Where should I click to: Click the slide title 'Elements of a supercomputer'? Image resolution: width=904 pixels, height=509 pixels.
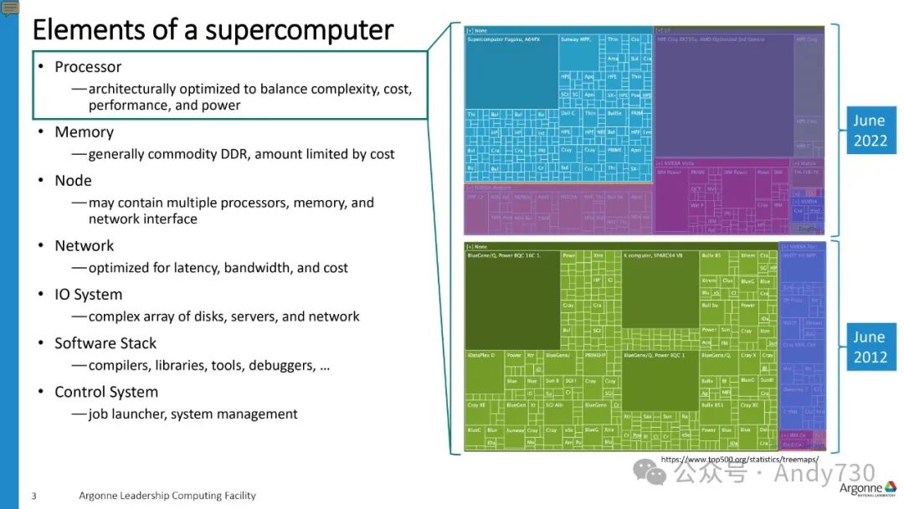pos(212,30)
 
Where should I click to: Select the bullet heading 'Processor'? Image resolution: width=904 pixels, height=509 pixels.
pos(88,67)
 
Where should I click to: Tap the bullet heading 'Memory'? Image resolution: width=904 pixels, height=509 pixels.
pos(84,132)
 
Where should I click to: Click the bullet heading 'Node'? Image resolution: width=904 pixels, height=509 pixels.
pos(73,181)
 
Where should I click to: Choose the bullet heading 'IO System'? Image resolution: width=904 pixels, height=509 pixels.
pos(88,295)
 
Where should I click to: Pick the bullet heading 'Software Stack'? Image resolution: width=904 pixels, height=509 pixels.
pos(105,343)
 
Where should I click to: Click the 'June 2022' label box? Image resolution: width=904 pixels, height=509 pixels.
pos(870,131)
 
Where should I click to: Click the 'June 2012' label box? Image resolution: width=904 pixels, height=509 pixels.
pos(870,347)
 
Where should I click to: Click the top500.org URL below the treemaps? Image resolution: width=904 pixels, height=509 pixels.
pos(740,460)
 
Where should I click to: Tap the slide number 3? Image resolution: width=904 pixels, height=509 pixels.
pos(34,496)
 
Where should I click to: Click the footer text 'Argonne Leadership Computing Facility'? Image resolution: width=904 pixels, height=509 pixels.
pos(167,496)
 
